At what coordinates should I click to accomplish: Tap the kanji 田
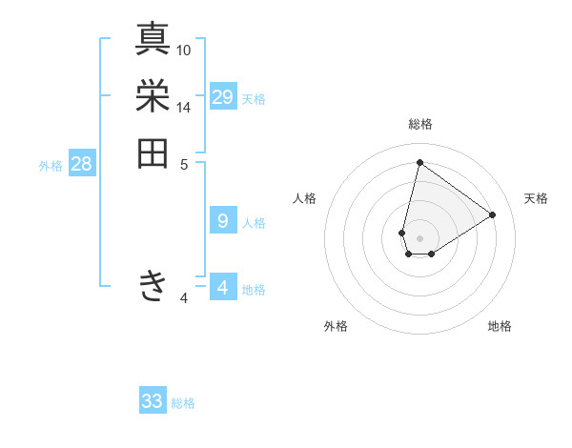coord(153,153)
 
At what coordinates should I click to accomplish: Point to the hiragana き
coord(153,286)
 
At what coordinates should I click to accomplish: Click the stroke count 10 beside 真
coord(184,50)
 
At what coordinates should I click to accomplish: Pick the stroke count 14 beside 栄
coord(184,108)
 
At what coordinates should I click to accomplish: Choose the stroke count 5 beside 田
coord(184,164)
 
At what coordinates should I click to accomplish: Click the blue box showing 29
coord(223,97)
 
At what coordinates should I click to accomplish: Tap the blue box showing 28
coord(81,164)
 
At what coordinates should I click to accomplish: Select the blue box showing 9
coord(223,221)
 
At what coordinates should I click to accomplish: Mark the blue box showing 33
coord(153,401)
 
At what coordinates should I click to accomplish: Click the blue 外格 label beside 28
coord(51,166)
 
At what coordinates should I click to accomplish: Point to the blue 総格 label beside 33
coord(183,403)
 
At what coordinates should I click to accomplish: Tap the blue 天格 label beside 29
coord(254,99)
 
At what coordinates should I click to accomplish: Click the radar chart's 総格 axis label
coord(419,124)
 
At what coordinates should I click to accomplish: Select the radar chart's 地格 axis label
coord(500,326)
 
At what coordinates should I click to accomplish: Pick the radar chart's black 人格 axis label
coord(305,198)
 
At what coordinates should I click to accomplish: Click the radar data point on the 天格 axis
coord(493,214)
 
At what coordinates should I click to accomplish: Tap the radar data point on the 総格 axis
coord(419,162)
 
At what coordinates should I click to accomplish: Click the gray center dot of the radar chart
coord(419,238)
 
